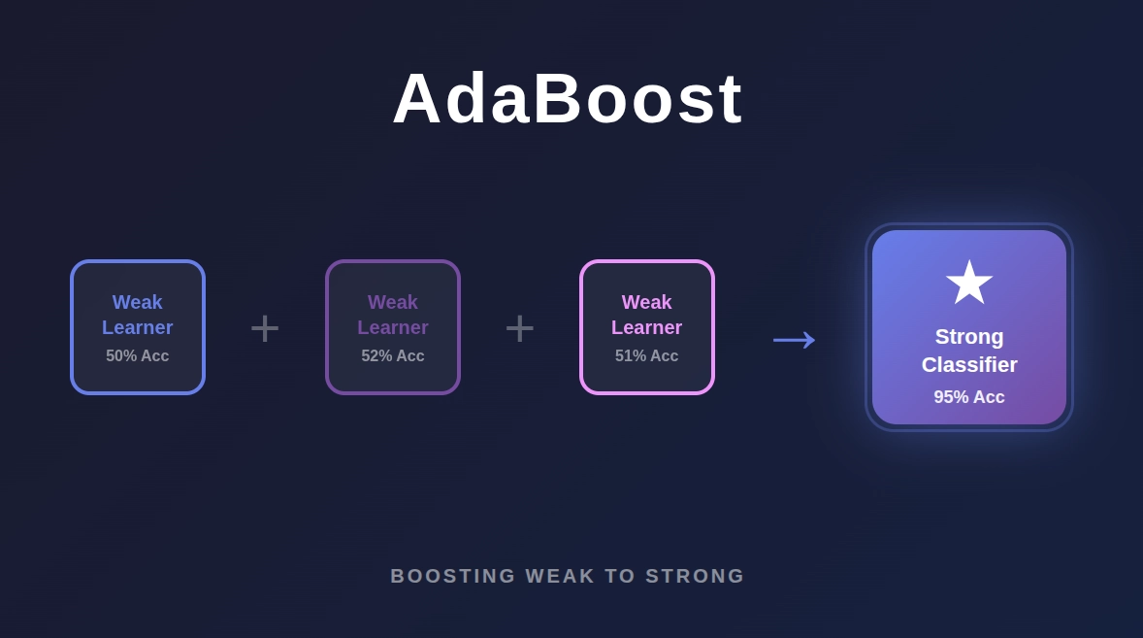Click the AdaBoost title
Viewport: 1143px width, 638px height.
[568, 98]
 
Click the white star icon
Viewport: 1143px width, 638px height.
[969, 283]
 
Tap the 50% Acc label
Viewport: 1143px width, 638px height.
[138, 356]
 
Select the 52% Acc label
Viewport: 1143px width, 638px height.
[393, 356]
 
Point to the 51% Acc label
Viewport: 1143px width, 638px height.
[647, 356]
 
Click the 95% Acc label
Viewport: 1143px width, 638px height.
[969, 397]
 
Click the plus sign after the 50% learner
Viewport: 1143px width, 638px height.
[265, 328]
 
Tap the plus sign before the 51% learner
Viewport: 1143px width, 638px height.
[520, 328]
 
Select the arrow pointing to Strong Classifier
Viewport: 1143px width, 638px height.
[794, 338]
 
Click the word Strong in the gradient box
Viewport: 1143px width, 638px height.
[969, 337]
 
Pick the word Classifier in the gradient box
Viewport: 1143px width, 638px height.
[969, 365]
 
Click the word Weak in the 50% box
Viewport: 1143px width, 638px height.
[138, 302]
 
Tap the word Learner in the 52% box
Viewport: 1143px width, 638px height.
[393, 327]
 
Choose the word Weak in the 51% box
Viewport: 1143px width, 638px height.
[647, 302]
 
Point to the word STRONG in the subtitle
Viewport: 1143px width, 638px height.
[695, 576]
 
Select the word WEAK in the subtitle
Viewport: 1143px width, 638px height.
[560, 576]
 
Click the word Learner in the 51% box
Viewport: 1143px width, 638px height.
[647, 327]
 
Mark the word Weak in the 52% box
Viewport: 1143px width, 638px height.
[393, 302]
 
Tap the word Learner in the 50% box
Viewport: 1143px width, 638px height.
[138, 327]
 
